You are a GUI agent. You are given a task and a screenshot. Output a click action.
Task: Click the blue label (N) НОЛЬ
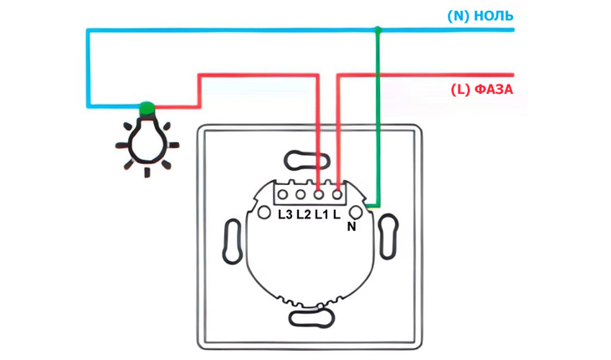click(x=480, y=16)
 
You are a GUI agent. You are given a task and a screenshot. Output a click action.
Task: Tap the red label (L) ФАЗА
click(x=481, y=90)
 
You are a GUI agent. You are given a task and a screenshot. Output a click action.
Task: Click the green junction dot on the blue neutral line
click(x=377, y=29)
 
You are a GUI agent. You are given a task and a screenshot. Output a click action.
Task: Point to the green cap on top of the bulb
click(x=146, y=107)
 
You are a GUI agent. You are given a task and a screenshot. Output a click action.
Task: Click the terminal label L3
click(x=285, y=214)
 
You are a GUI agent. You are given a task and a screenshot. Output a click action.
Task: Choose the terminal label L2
click(x=303, y=214)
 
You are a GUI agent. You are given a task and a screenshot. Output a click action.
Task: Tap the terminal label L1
click(x=321, y=214)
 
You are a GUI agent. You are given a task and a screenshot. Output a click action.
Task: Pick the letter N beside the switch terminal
click(x=352, y=227)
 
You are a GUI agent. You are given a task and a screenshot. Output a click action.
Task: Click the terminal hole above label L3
click(x=283, y=194)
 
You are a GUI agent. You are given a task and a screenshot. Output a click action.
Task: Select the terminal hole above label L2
click(x=300, y=194)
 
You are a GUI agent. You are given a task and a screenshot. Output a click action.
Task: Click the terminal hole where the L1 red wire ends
click(x=319, y=194)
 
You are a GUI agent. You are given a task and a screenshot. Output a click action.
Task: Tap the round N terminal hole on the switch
click(x=356, y=213)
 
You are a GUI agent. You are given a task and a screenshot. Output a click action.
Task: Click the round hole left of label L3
click(x=264, y=213)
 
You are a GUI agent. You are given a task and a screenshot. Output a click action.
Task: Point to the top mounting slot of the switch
click(x=307, y=160)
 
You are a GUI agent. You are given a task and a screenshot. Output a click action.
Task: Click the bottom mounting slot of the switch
click(x=311, y=318)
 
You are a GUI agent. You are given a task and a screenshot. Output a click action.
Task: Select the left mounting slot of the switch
click(x=233, y=242)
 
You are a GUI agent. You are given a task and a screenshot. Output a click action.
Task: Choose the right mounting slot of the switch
click(x=388, y=236)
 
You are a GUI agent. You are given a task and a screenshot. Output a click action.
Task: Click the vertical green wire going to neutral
click(x=377, y=118)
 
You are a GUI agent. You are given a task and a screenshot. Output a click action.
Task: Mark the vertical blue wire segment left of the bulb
click(x=88, y=68)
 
